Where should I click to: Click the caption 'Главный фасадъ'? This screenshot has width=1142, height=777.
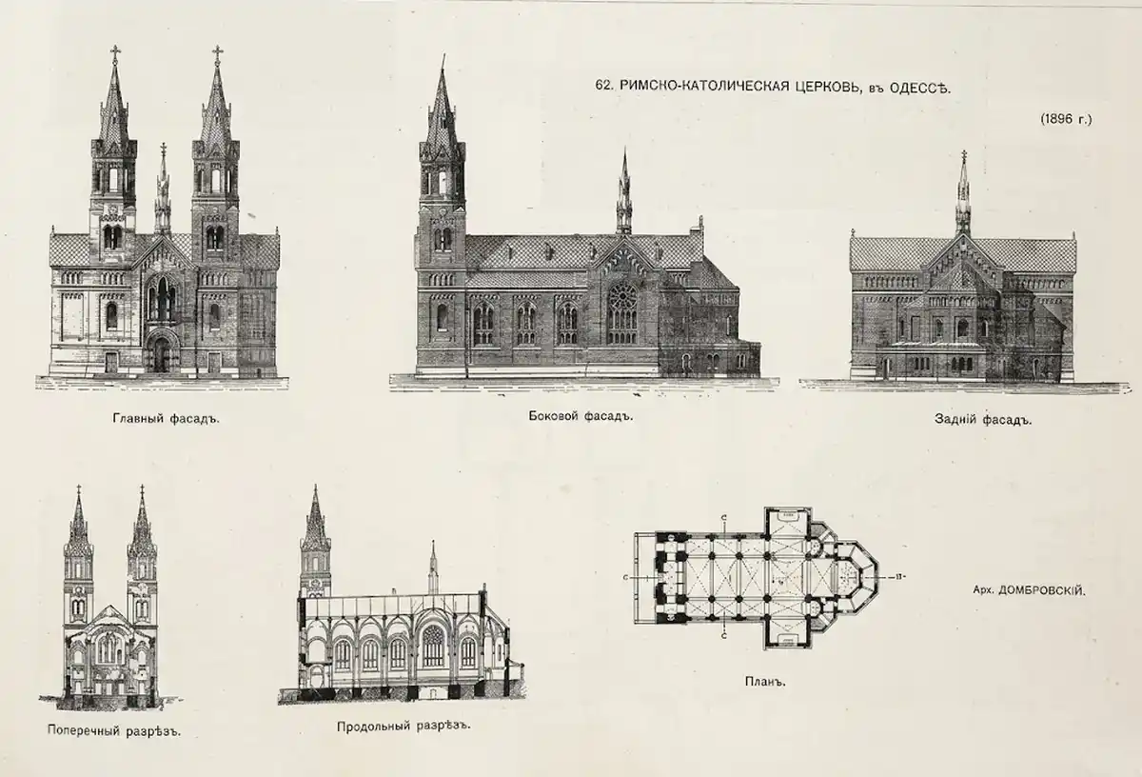[166, 419]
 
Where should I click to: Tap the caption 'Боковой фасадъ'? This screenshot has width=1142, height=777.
[581, 416]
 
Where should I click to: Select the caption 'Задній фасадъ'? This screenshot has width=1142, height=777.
[983, 419]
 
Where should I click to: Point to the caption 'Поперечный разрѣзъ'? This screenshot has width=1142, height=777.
[114, 730]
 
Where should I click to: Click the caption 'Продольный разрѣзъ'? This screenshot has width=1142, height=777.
[404, 726]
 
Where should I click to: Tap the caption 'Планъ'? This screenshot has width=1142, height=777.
[765, 681]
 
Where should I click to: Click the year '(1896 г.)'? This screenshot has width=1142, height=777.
[1066, 119]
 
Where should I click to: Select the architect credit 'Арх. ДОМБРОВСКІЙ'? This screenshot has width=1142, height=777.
[1030, 590]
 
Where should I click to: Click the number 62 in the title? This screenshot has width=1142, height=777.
[603, 85]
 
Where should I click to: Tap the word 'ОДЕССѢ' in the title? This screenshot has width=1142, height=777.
[921, 88]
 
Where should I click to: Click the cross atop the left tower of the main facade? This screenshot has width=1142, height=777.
[115, 52]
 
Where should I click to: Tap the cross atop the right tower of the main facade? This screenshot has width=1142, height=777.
[217, 52]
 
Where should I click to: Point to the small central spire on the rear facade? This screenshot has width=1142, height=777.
[963, 193]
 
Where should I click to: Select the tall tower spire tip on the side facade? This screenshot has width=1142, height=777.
[443, 56]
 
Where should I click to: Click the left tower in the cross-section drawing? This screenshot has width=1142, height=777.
[78, 582]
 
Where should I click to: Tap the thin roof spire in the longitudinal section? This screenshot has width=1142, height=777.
[433, 568]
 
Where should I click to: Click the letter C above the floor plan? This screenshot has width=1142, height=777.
[724, 517]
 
